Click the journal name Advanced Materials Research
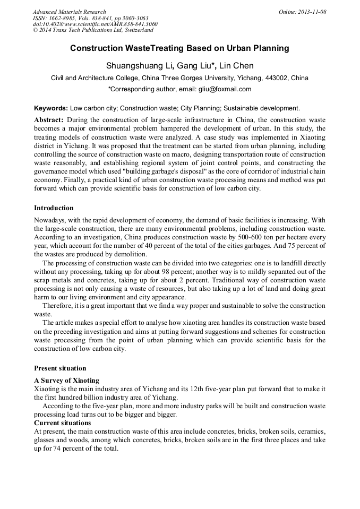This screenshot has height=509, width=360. click(x=69, y=12)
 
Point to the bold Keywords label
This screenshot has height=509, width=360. click(x=51, y=108)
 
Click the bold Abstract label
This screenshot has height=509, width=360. click(x=49, y=120)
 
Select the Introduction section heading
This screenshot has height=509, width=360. click(x=54, y=208)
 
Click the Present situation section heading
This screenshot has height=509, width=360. click(x=60, y=368)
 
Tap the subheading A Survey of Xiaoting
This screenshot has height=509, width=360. click(x=66, y=381)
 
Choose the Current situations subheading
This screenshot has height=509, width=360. click(x=62, y=423)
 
